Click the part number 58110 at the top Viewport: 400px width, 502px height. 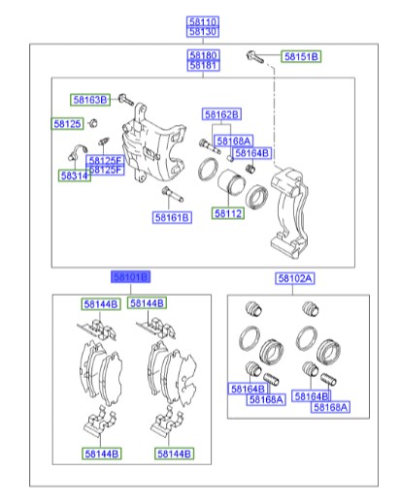coord(203,20)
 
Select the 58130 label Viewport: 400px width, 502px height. coord(203,31)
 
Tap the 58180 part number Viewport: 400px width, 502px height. coord(203,56)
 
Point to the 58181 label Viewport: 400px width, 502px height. coord(203,66)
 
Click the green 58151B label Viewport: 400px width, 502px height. coord(301,57)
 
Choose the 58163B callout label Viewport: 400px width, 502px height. coord(90,100)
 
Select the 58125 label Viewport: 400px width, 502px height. coord(67,124)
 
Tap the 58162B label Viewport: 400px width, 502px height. coord(221,114)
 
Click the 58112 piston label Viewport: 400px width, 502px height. coord(228,213)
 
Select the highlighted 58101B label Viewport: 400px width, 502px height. coord(131,277)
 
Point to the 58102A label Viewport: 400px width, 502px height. coord(294,278)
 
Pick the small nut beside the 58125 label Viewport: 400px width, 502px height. coord(92,122)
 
